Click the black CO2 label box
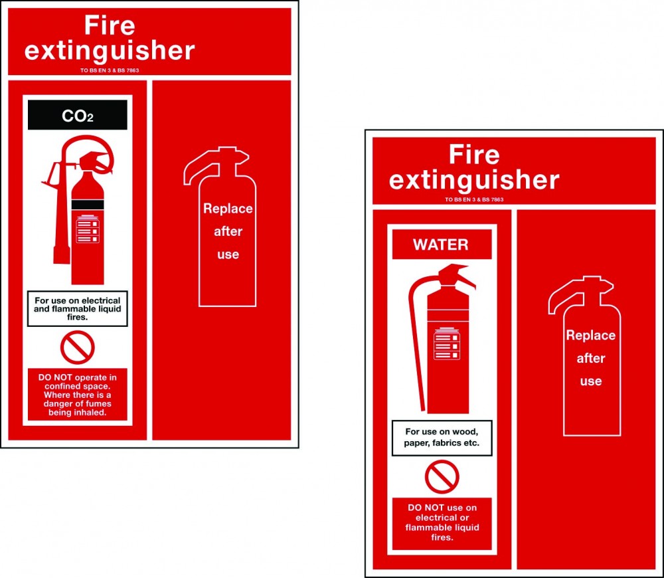[x=77, y=115]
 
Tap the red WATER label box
[x=442, y=244]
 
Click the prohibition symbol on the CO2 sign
[x=78, y=347]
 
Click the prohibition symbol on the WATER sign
[x=442, y=477]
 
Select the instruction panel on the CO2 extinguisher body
[x=88, y=229]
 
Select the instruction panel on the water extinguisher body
[x=447, y=344]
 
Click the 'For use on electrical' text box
[x=77, y=308]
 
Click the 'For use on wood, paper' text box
[x=442, y=437]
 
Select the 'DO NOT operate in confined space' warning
[x=77, y=395]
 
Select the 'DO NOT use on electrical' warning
[x=442, y=523]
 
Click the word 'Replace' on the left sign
[x=228, y=209]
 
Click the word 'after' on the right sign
[x=591, y=358]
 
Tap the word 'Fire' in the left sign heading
[x=110, y=26]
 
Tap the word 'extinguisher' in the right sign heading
[x=474, y=180]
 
